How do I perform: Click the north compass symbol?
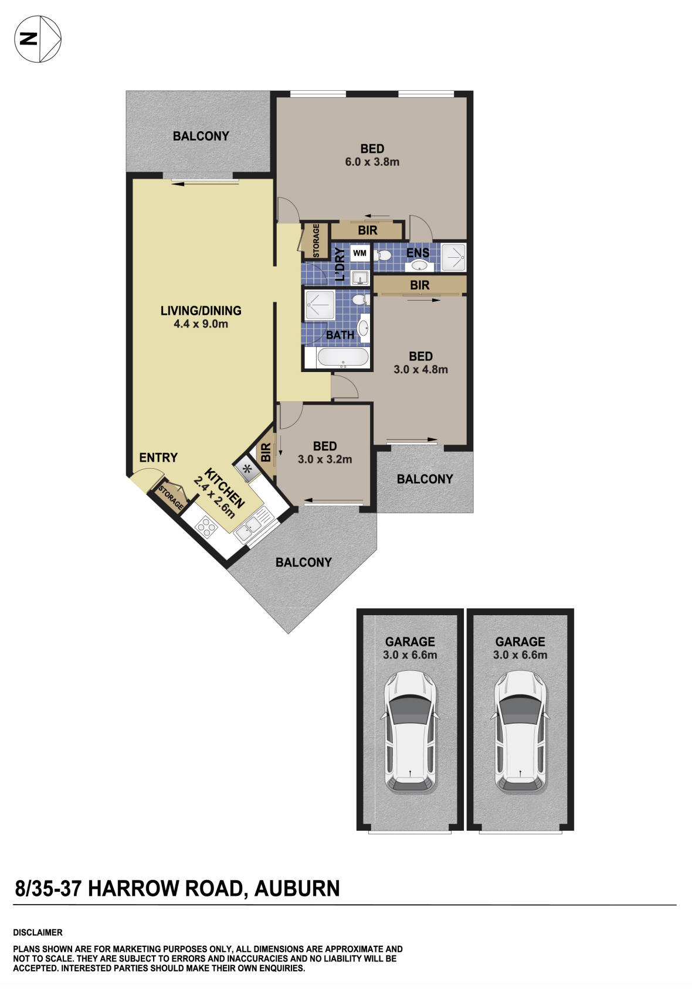point(38,39)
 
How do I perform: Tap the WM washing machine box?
point(359,254)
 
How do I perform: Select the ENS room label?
point(418,253)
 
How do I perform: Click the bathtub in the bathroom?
point(342,357)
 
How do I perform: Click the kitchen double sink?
point(250,527)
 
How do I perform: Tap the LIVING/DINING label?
point(201,311)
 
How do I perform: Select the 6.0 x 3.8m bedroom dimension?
point(372,162)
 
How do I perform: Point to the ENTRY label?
point(158,458)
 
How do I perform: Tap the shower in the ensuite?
point(453,257)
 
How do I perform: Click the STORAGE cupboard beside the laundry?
point(316,240)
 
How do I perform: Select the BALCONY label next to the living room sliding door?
point(201,136)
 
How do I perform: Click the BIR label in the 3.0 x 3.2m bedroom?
point(266,452)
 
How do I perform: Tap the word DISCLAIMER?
point(38,932)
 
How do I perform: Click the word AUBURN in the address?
point(297,888)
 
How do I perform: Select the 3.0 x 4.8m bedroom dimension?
point(420,370)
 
